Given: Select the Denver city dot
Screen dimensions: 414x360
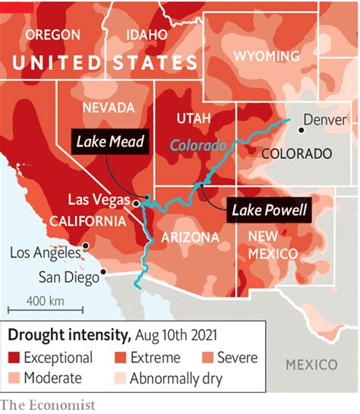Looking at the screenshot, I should tap(301, 130).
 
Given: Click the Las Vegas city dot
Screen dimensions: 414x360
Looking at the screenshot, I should tap(135, 203).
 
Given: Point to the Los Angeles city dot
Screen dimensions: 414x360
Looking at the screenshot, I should tap(87, 245).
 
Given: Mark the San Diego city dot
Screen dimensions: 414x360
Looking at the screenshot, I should tap(103, 271).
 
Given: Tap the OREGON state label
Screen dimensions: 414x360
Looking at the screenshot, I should tap(54, 34).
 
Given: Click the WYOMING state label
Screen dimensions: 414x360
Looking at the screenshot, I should tap(266, 56).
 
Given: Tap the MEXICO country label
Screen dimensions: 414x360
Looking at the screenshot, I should tap(311, 365).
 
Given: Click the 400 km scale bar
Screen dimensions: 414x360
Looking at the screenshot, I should tap(35, 308).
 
